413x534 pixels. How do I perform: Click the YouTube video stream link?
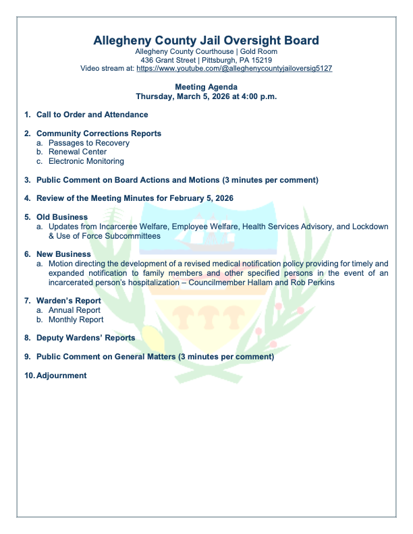(234, 69)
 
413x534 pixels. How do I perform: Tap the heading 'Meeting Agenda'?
(206, 87)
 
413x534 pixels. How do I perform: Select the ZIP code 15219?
(261, 60)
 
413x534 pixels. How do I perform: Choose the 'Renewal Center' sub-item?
(78, 152)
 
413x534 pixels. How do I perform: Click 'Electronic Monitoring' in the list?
(86, 162)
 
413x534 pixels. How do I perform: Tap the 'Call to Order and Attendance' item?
(92, 115)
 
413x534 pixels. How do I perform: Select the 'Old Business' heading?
(62, 217)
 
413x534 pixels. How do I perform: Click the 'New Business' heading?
(63, 254)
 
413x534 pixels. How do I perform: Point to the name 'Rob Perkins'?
(313, 283)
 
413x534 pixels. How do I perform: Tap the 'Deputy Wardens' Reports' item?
(86, 338)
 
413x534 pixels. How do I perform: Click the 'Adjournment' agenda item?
(61, 376)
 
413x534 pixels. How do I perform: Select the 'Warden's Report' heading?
(69, 301)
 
